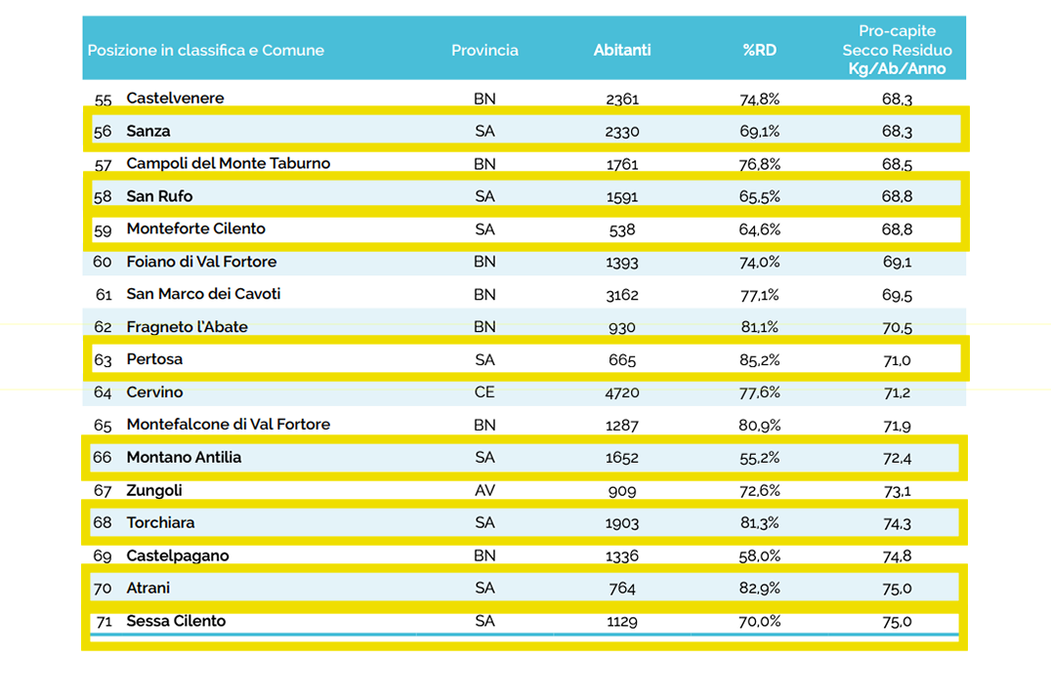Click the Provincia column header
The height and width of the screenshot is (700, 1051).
pyautogui.click(x=484, y=50)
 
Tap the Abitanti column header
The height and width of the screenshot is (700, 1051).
pyautogui.click(x=622, y=50)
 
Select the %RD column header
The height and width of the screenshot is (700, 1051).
pyautogui.click(x=759, y=50)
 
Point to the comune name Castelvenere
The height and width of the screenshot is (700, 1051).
pyautogui.click(x=175, y=98)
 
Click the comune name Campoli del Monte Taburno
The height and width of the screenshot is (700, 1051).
pyautogui.click(x=228, y=163)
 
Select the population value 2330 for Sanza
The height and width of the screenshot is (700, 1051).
pyautogui.click(x=622, y=131)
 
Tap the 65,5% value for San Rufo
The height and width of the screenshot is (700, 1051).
pyautogui.click(x=759, y=196)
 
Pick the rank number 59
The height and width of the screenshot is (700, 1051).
pyautogui.click(x=103, y=229)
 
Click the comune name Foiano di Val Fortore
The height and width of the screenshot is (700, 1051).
pyautogui.click(x=201, y=262)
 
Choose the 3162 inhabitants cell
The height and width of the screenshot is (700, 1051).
pyautogui.click(x=622, y=295)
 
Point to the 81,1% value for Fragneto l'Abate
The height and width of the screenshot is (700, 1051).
pyautogui.click(x=759, y=327)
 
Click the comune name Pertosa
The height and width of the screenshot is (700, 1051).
pyautogui.click(x=154, y=359)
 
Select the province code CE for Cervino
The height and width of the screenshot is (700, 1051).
pyautogui.click(x=484, y=391)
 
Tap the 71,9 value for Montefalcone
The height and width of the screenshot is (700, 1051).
pyautogui.click(x=897, y=426)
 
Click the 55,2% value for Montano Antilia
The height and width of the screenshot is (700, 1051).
pyautogui.click(x=759, y=458)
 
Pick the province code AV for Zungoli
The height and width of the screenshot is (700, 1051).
pyautogui.click(x=484, y=490)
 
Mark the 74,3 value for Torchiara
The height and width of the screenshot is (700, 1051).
pyautogui.click(x=897, y=523)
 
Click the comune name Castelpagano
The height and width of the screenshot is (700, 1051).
pyautogui.click(x=178, y=556)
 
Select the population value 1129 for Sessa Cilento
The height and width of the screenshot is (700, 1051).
pyautogui.click(x=622, y=622)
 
